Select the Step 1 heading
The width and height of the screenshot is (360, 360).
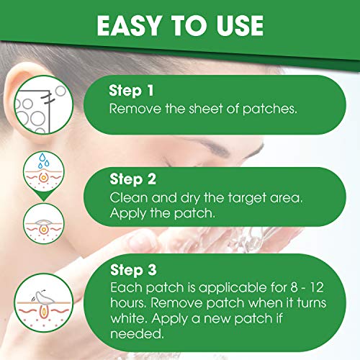pyautogui.click(x=130, y=91)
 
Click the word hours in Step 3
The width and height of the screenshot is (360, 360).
pyautogui.click(x=128, y=305)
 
